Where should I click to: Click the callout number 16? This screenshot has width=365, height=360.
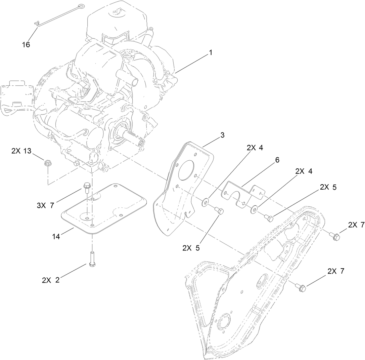(26, 44)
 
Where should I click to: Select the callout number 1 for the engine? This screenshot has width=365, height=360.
(211, 53)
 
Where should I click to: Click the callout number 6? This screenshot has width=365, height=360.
(277, 160)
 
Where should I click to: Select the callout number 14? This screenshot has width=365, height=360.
(56, 237)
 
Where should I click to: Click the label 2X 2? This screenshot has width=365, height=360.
(51, 280)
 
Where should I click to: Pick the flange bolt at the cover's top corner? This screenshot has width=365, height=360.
(334, 236)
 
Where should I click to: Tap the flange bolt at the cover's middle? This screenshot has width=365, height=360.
(301, 287)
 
